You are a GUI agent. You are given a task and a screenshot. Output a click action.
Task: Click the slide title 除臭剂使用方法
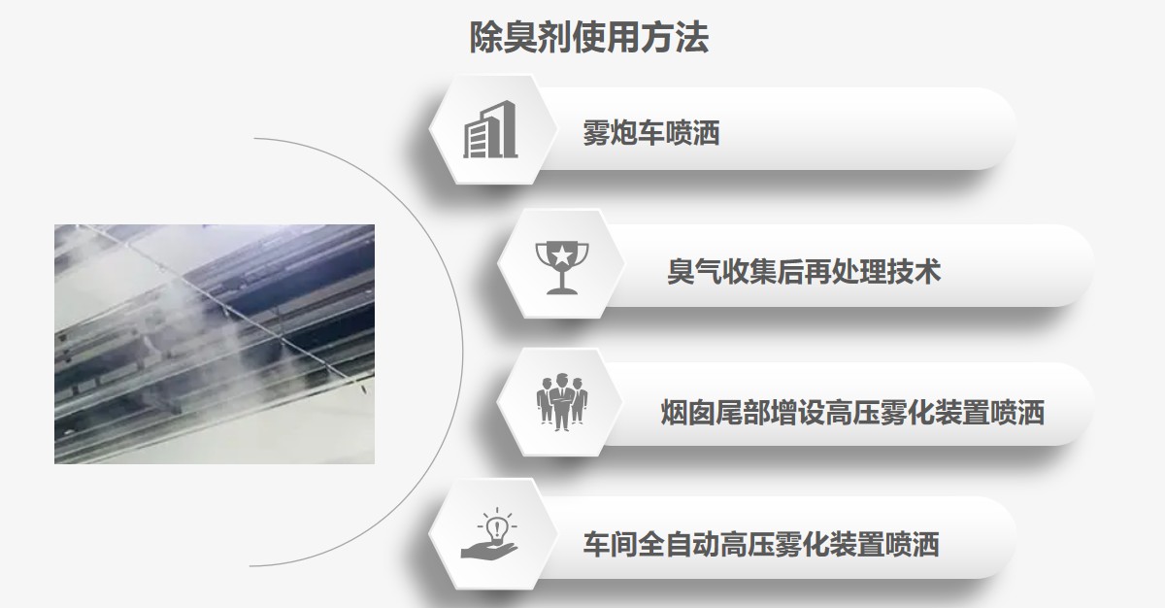click(x=588, y=38)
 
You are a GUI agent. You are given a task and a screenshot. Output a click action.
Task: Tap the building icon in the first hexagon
click(x=490, y=130)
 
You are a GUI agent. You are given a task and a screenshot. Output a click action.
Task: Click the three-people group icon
click(x=560, y=401)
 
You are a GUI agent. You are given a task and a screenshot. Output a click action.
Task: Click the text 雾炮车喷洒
click(x=651, y=132)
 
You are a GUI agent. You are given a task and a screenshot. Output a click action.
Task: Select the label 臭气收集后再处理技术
click(x=804, y=270)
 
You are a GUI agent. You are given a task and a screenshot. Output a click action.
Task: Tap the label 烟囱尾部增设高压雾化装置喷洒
click(x=852, y=413)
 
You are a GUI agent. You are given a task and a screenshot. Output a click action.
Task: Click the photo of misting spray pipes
click(x=215, y=344)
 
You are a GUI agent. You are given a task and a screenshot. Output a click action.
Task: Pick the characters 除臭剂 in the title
click(x=506, y=38)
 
